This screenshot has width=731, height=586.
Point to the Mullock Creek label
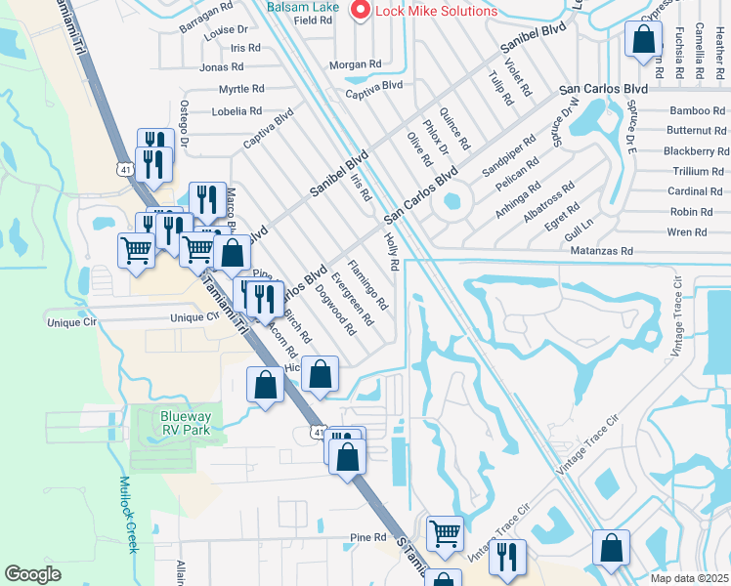coord(127,514)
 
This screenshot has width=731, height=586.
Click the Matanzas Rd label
coord(600,251)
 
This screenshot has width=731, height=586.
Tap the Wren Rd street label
coord(687,232)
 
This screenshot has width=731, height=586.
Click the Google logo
coord(32,574)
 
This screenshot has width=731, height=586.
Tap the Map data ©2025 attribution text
coord(688,578)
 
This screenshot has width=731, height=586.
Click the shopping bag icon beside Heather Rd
coord(644,40)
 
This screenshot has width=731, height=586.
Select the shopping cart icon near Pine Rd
coord(445,533)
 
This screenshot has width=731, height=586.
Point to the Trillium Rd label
coord(698,171)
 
